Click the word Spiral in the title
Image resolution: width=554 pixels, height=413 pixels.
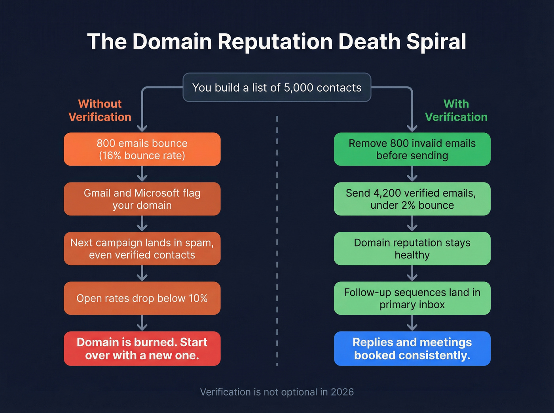[x=436, y=41]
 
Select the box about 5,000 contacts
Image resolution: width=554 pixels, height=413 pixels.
[x=277, y=87]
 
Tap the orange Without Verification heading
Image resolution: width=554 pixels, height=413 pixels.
[x=100, y=110]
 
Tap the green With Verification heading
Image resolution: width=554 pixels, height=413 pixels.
[x=456, y=110]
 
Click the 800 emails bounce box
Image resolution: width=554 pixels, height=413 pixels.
[x=142, y=149]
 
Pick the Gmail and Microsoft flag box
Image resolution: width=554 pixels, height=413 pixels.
[x=142, y=199]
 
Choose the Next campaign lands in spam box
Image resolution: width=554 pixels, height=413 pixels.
[x=142, y=249]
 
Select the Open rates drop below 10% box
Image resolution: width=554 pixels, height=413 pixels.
[x=142, y=298]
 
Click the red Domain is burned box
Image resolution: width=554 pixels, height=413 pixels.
[x=142, y=349]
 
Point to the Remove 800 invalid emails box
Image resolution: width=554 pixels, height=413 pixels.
[x=412, y=149]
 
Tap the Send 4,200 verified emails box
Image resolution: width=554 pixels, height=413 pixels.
[x=412, y=199]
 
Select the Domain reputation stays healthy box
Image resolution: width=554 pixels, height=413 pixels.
[x=412, y=249]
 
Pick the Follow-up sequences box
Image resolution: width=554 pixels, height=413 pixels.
[x=412, y=298]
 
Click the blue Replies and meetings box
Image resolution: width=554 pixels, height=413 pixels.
[x=412, y=349]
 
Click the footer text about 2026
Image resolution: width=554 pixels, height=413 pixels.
[x=277, y=392]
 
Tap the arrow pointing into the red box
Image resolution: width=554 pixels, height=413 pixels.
[x=142, y=323]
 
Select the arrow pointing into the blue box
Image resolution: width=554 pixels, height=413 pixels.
[x=412, y=323]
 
